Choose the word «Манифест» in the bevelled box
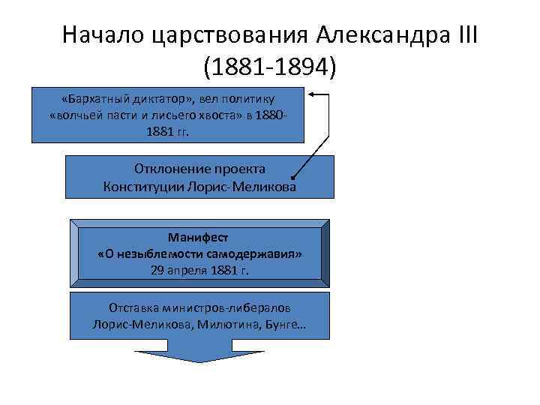[x=199, y=237]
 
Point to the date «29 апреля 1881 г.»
[x=199, y=270]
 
